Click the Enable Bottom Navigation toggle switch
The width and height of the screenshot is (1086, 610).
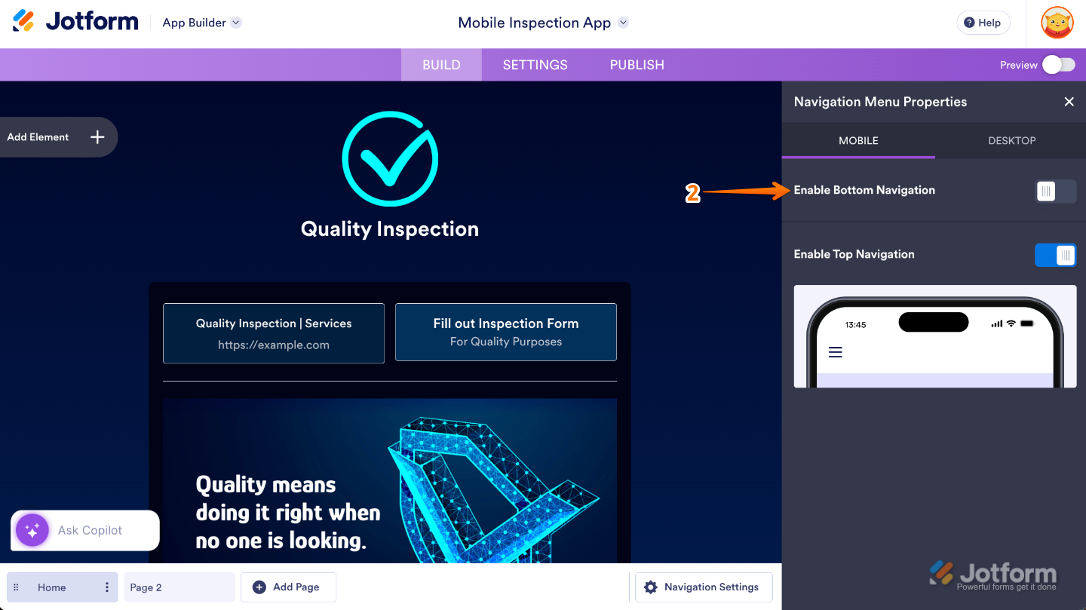(1055, 192)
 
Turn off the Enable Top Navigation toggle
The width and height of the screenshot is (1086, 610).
(1055, 256)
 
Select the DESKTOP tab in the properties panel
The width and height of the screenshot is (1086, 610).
(1011, 140)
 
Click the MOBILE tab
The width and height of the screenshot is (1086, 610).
(858, 140)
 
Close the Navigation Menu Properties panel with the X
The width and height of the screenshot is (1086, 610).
(1069, 102)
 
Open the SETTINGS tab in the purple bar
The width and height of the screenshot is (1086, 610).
(535, 65)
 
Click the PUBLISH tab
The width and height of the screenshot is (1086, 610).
(637, 65)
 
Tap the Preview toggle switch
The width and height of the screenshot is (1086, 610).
(1058, 65)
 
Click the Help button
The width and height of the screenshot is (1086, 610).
(983, 23)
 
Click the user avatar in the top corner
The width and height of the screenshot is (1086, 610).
(1057, 23)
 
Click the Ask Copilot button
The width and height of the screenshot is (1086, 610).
(85, 530)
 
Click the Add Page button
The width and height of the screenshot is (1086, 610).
(287, 587)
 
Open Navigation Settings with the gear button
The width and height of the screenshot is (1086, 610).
(703, 587)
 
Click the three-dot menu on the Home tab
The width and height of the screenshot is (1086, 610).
(107, 587)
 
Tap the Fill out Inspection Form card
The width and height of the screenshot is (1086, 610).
(505, 332)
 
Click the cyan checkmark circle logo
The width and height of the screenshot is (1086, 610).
(389, 158)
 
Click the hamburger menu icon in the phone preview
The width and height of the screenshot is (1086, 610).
(835, 352)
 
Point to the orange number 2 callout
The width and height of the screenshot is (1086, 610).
(692, 193)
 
